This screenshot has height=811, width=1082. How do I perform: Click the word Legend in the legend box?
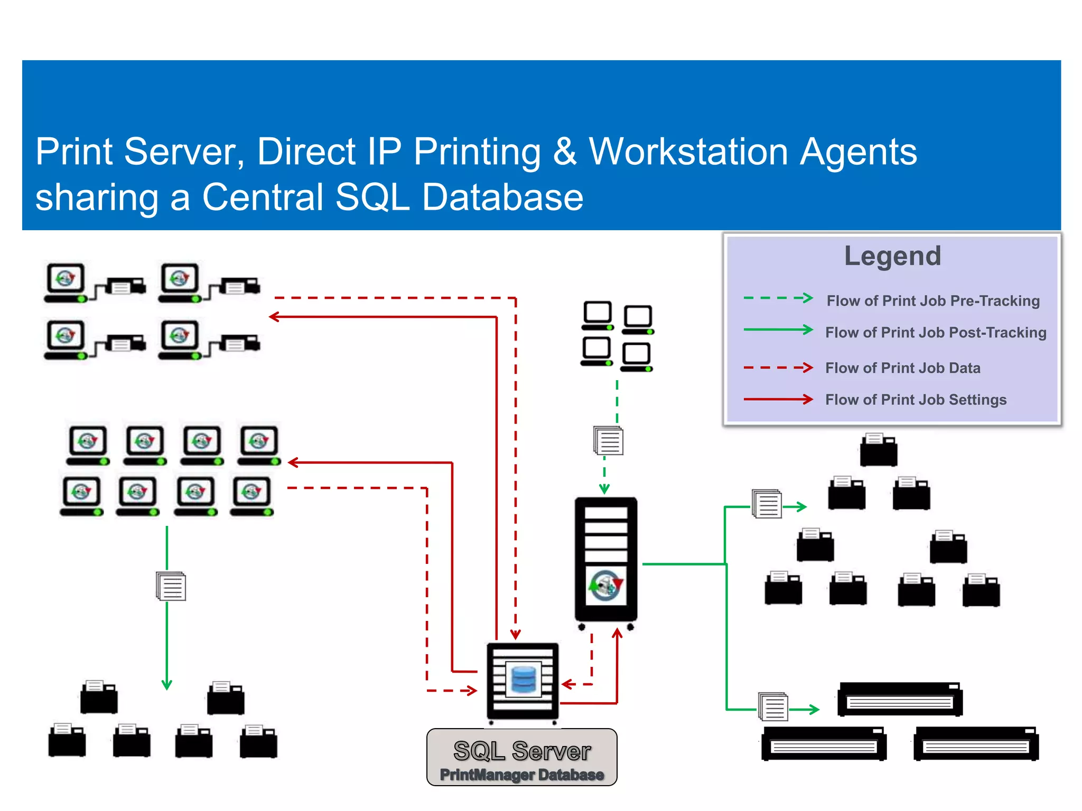pos(892,256)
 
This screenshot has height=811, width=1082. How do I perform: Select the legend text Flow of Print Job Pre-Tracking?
pos(932,301)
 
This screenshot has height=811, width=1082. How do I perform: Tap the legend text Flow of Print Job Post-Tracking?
pos(935,333)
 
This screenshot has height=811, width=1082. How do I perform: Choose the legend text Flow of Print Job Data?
pos(902,368)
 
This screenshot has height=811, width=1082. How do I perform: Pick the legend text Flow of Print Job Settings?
pos(916,400)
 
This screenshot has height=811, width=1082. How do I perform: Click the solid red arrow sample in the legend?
pos(778,399)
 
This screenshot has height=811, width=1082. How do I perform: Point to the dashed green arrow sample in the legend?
pos(778,298)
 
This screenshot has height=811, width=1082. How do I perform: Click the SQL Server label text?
pos(522,751)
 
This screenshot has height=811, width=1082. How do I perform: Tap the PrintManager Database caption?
pos(522,775)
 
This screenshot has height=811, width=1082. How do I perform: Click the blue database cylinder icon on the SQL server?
pos(524,680)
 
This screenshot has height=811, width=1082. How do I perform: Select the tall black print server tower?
pos(606,560)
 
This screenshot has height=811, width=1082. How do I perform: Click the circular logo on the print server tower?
pos(606,585)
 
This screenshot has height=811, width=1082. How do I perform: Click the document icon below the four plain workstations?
pos(609,441)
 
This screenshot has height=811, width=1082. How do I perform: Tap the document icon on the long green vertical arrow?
pos(171,586)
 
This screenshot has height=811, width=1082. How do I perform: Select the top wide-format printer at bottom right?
pos(900,699)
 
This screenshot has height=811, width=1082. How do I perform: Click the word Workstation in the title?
pos(688,152)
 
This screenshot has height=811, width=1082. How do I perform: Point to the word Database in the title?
pos(502,197)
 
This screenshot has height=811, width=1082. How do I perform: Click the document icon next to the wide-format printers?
pos(773,706)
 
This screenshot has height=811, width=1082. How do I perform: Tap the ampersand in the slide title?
pos(564,152)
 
